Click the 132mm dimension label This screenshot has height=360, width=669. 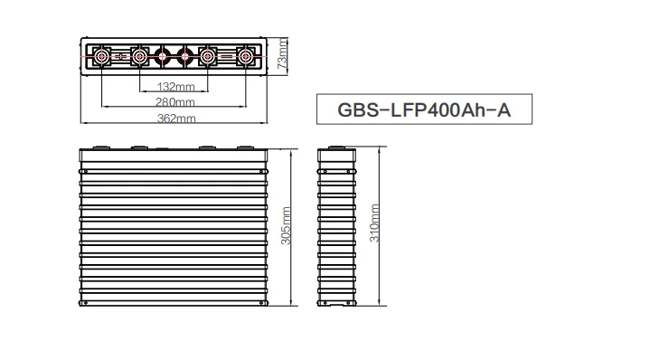[x=175, y=87]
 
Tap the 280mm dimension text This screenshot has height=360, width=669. [x=174, y=102]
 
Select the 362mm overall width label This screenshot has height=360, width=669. [x=176, y=118]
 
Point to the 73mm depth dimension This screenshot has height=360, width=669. [x=282, y=53]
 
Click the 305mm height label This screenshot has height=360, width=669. [x=286, y=226]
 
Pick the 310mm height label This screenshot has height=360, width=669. [x=374, y=223]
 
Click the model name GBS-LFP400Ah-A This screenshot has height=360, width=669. [x=424, y=109]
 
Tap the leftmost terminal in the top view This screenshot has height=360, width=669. [x=102, y=56]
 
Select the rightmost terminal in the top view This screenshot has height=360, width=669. [x=246, y=56]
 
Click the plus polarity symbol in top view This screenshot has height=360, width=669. [x=121, y=56]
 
